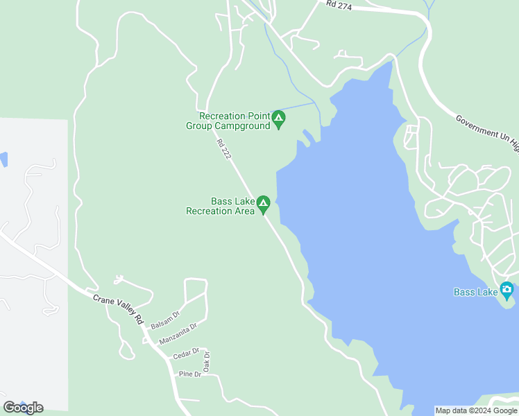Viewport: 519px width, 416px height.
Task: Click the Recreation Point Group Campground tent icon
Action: coord(278,120)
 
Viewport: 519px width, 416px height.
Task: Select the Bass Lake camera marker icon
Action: coord(507,290)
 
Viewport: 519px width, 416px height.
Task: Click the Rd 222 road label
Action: coord(223,150)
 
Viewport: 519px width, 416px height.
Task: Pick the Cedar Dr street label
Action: coord(186,354)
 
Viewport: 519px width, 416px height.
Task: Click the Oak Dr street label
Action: coord(207,361)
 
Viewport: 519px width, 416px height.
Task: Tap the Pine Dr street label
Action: coord(189,374)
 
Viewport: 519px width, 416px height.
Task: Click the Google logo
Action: coord(23,408)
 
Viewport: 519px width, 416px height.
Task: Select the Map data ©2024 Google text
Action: coord(476,410)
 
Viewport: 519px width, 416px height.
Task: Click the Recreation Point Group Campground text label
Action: coord(229,121)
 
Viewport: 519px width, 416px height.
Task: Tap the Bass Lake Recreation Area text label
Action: coord(221,206)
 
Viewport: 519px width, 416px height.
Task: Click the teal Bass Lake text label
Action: coord(476,292)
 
